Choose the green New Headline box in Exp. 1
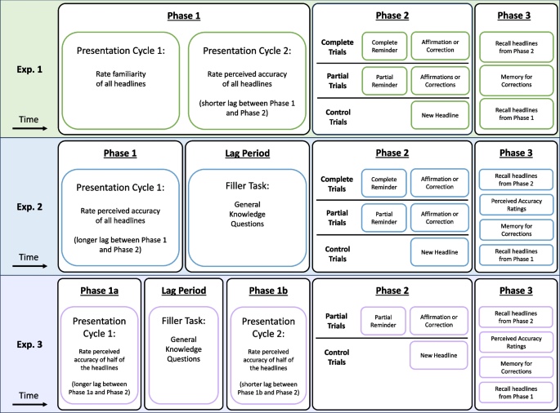(439, 115)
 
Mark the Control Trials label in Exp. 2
(338, 252)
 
